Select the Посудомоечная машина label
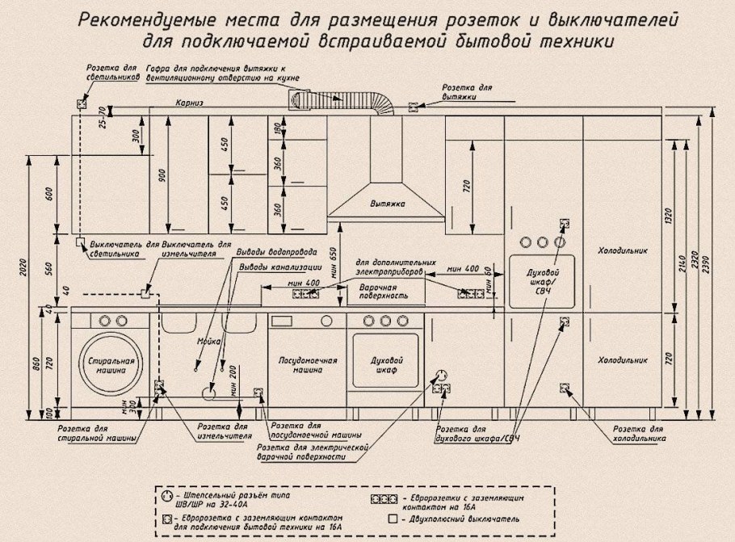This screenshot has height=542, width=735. pyautogui.click(x=308, y=364)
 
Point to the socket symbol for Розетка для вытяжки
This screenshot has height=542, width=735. pyautogui.click(x=413, y=106)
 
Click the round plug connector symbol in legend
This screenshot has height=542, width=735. pyautogui.click(x=167, y=495)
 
